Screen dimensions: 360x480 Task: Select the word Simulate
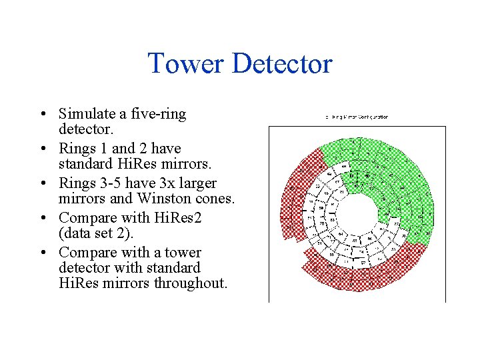(x=87, y=114)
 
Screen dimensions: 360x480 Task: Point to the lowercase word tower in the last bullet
(x=183, y=252)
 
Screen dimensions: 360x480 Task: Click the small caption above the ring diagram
(x=357, y=117)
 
